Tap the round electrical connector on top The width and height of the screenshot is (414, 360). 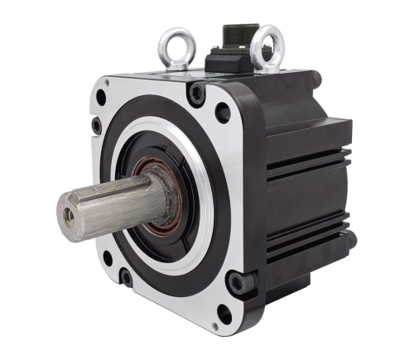click(x=234, y=37)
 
